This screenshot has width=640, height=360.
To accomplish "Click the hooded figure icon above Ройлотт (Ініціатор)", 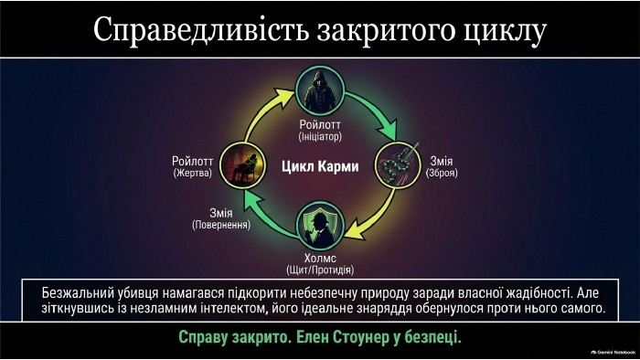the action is pos(320,91).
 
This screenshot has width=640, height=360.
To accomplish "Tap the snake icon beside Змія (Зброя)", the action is pos(398,165).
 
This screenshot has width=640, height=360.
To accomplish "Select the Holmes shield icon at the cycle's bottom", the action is pos(320,226).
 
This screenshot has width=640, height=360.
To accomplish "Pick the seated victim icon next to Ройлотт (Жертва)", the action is pos(243,165).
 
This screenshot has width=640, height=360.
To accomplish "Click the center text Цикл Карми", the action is pos(320,166).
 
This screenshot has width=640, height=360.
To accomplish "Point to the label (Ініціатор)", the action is pos(320,136).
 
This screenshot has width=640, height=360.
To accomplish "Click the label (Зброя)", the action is pos(442,173).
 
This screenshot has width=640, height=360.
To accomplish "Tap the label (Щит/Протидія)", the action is pos(320,270).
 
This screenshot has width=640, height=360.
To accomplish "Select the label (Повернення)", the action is pos(221,225).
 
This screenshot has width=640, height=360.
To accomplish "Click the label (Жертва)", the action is pos(193,173).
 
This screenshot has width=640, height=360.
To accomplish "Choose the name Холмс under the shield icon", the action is pos(320,258).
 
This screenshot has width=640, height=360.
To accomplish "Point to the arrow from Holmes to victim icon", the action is pos(265,216).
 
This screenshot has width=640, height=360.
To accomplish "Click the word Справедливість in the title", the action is pos(201,30).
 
